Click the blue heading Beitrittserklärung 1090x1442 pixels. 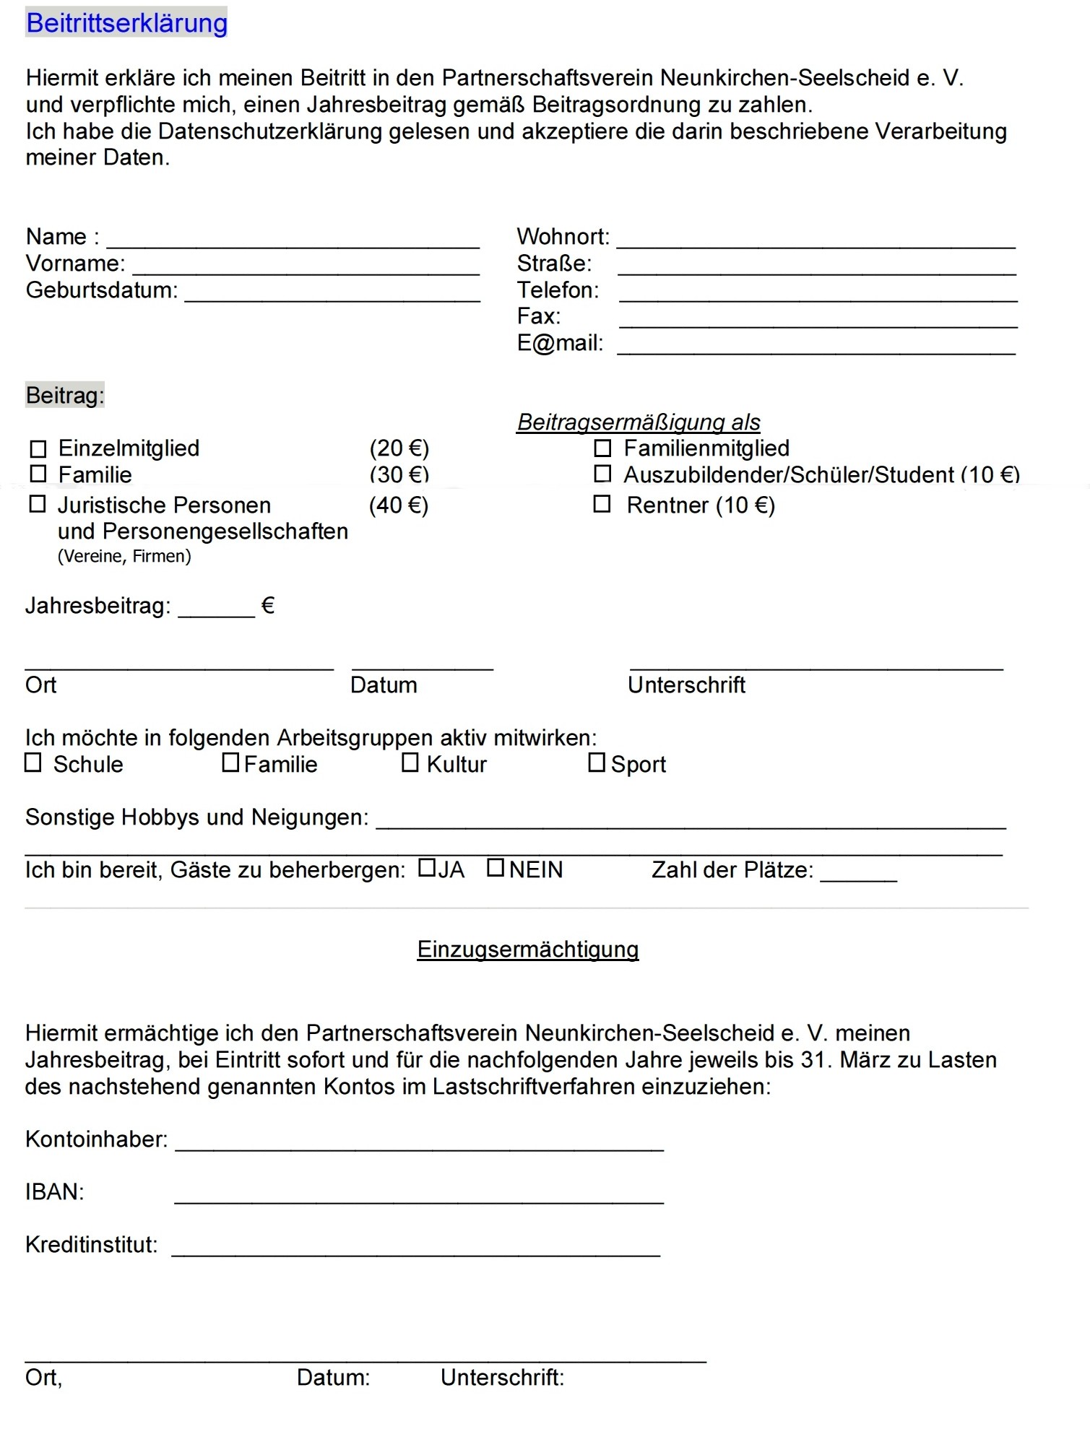(x=126, y=23)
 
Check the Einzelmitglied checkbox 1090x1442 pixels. (x=38, y=449)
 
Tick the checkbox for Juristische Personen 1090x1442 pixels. (x=38, y=504)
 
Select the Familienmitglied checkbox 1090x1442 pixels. (x=602, y=448)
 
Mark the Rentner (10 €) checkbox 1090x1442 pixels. (x=602, y=504)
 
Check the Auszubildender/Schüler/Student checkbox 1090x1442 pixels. (x=602, y=474)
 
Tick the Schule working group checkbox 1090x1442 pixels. (x=33, y=763)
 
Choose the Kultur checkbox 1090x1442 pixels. (x=410, y=763)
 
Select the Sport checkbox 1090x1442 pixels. (x=597, y=763)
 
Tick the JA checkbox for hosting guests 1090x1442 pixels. (x=427, y=867)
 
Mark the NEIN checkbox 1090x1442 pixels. (x=496, y=867)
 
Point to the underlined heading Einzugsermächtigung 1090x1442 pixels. (x=528, y=949)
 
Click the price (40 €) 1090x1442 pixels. (x=399, y=505)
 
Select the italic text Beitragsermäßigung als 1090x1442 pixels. (x=639, y=422)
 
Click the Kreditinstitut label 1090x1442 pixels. (x=91, y=1245)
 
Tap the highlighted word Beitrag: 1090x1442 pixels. (x=65, y=396)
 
